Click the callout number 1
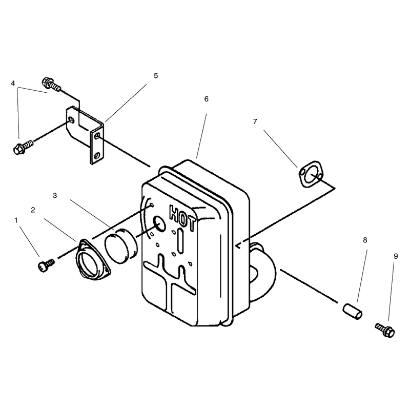coord(16,220)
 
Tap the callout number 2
coord(33,210)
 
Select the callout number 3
coord(55,196)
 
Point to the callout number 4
coord(13,84)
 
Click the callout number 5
coord(156,76)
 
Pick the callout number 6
coord(207,99)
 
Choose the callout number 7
coord(255,121)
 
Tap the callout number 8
coord(365,240)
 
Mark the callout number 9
coord(396,257)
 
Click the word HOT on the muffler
coord(182,218)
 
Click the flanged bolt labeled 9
coord(385,330)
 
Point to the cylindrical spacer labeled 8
coord(353,311)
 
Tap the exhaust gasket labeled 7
coord(311,174)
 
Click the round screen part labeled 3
coord(121,245)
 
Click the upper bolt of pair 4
coord(52,84)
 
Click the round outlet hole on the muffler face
coord(159,224)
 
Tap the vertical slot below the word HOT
coord(180,241)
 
